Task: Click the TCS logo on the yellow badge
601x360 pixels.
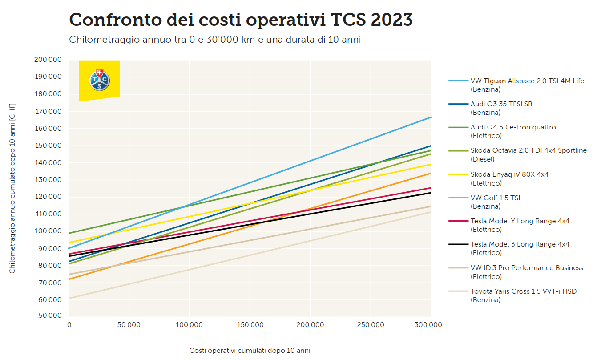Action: tap(99, 80)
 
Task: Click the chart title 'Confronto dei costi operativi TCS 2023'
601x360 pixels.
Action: tap(241, 20)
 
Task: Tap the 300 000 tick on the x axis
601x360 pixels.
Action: tap(429, 325)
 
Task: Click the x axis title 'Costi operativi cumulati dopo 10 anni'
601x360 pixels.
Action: tap(250, 351)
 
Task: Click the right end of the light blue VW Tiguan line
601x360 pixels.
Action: tap(429, 117)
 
